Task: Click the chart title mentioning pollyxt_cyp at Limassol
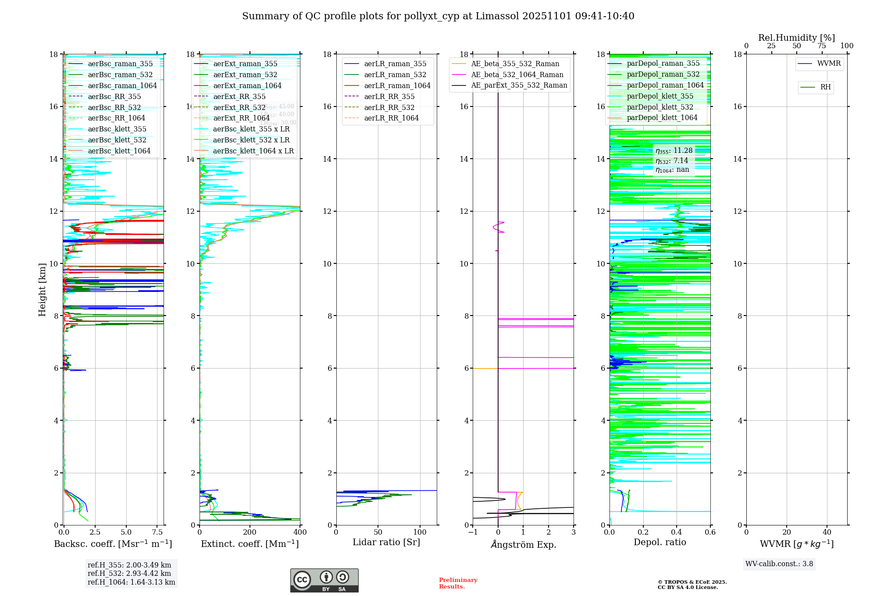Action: [x=438, y=16]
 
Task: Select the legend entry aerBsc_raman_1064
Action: [x=122, y=86]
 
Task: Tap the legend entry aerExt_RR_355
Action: [x=239, y=97]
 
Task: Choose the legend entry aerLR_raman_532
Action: [x=395, y=75]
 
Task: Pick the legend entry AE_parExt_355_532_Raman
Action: [x=519, y=85]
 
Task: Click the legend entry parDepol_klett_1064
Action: [x=662, y=118]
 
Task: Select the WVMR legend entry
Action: [x=829, y=64]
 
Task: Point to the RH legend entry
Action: [x=825, y=87]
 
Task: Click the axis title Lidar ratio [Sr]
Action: [x=386, y=543]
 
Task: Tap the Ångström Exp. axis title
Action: [x=523, y=545]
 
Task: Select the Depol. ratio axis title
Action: [x=660, y=543]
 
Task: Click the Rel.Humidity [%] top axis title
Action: [x=796, y=38]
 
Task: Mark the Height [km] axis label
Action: [x=42, y=290]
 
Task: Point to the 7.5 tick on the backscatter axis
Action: [x=157, y=532]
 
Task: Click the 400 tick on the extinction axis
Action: [x=300, y=532]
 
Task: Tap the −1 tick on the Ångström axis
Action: [x=473, y=532]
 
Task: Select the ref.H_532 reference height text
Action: [x=129, y=574]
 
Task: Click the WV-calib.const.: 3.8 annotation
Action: [x=779, y=564]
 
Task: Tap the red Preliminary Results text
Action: [x=458, y=583]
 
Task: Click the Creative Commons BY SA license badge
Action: [x=324, y=581]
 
